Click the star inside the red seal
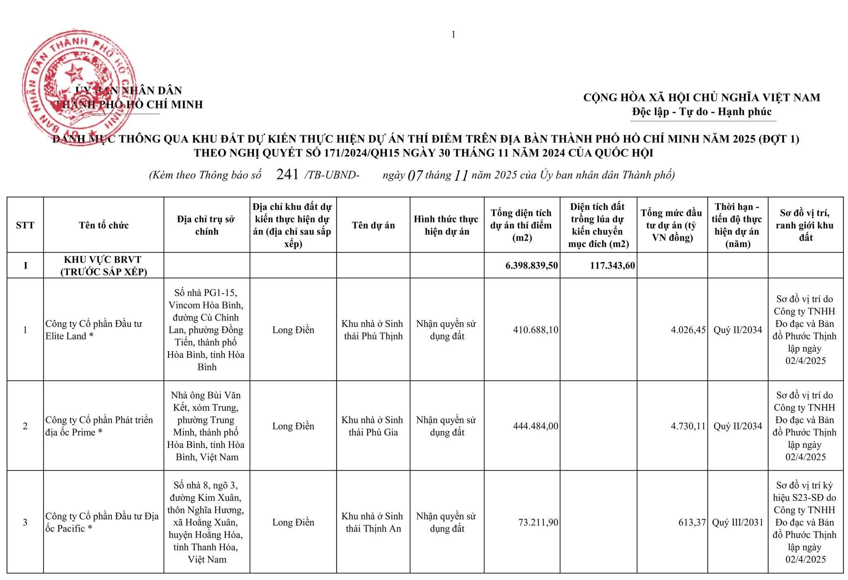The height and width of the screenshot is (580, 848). pos(74,73)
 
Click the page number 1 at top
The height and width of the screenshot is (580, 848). pos(453,35)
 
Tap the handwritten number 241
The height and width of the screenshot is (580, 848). pos(287,175)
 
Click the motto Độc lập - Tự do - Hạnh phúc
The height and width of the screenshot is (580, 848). pos(702,112)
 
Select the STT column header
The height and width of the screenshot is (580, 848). pos(25,225)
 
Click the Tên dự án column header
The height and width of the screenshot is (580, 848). pos(373,225)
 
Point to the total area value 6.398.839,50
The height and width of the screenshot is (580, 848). pos(531,265)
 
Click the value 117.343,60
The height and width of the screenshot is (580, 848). pos(612,265)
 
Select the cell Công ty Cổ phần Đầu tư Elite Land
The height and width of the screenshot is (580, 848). pos(94,330)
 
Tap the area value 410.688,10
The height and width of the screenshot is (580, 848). pos(535,330)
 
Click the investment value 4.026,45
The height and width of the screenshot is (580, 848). pos(688,330)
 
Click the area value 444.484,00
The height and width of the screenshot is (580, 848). pos(535,426)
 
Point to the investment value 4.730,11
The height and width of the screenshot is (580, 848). pos(688,426)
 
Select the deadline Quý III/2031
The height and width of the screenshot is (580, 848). pos(737,522)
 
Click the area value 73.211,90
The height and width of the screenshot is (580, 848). pos(538,522)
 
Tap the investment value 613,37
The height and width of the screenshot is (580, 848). pos(692,522)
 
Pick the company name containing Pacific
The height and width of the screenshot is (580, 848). pos(102,522)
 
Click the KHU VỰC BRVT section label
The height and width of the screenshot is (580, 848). pos(103,265)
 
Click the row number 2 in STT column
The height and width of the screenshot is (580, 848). pos(25,426)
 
